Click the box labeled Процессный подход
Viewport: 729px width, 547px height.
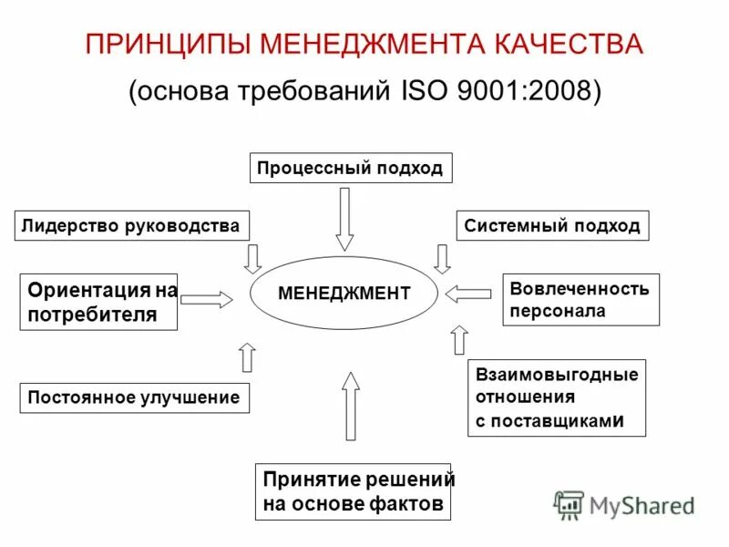pos(350,169)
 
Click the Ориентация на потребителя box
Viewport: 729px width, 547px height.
pos(98,302)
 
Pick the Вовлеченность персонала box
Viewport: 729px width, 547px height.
pos(580,300)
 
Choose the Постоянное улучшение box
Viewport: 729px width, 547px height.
pos(134,397)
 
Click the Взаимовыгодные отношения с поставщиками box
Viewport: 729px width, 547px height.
pos(557,398)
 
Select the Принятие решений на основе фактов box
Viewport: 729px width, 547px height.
pos(354,492)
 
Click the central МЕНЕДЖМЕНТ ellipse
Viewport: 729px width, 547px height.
pos(344,294)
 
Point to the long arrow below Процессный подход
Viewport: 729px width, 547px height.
pos(344,219)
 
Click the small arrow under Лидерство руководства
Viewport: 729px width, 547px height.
pos(252,258)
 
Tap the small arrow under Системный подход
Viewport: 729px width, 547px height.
pos(442,258)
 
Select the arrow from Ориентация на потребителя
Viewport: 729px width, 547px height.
pos(207,298)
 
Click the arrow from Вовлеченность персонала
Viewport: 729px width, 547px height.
pos(468,294)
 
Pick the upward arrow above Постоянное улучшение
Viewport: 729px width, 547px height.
pos(247,356)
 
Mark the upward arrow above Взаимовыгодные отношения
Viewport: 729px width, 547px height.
pos(459,339)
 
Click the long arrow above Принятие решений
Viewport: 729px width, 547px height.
pos(351,406)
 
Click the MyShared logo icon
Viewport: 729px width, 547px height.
pos(570,505)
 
